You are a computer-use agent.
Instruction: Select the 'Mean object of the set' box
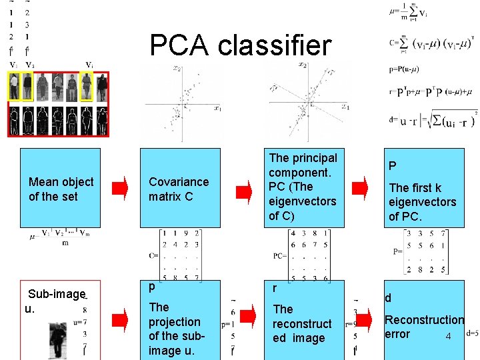tap(61, 189)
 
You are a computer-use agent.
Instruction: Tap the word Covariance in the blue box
tap(179, 181)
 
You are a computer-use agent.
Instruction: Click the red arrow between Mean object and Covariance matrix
tap(119, 189)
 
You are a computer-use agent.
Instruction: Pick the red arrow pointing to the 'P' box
tap(360, 189)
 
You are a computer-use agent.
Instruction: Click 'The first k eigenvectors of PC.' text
tap(423, 202)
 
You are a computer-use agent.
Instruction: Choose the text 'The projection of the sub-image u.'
tap(175, 329)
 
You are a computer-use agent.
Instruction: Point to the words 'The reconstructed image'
tap(301, 323)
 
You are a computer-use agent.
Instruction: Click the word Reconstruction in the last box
tap(424, 320)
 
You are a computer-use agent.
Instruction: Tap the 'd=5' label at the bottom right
tap(473, 333)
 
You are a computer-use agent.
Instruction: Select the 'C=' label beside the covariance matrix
tap(154, 255)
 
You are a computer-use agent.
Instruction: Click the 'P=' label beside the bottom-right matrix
tap(397, 251)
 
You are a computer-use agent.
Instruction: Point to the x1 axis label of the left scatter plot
tap(217, 108)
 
